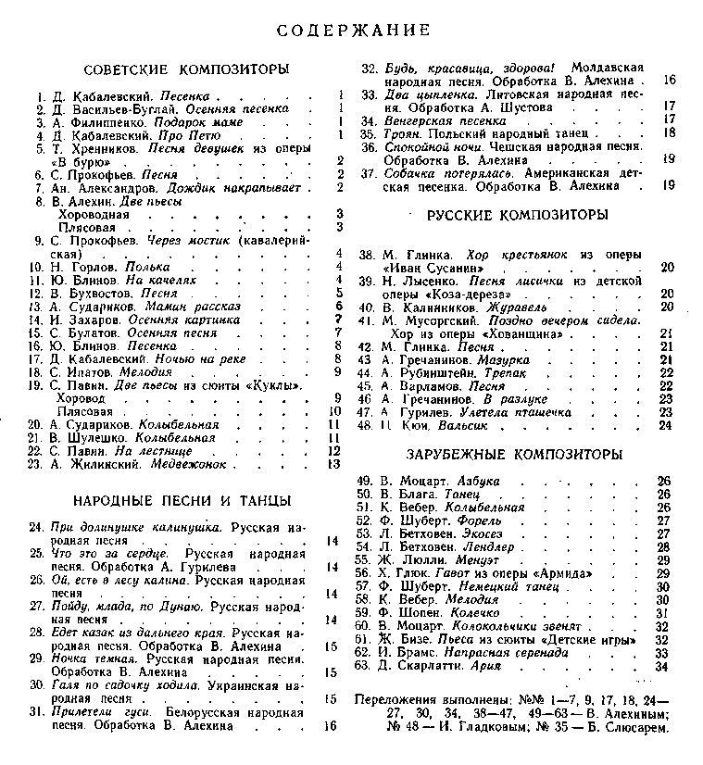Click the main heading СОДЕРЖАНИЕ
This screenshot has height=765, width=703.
pyautogui.click(x=354, y=31)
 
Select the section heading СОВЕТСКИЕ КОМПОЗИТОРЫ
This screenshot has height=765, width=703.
pyautogui.click(x=186, y=69)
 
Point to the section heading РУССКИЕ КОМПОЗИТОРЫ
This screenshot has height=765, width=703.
pyautogui.click(x=518, y=216)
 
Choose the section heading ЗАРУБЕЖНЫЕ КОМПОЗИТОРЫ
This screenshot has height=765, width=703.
pyautogui.click(x=514, y=455)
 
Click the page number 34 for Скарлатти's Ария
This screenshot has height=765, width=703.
pyautogui.click(x=661, y=665)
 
